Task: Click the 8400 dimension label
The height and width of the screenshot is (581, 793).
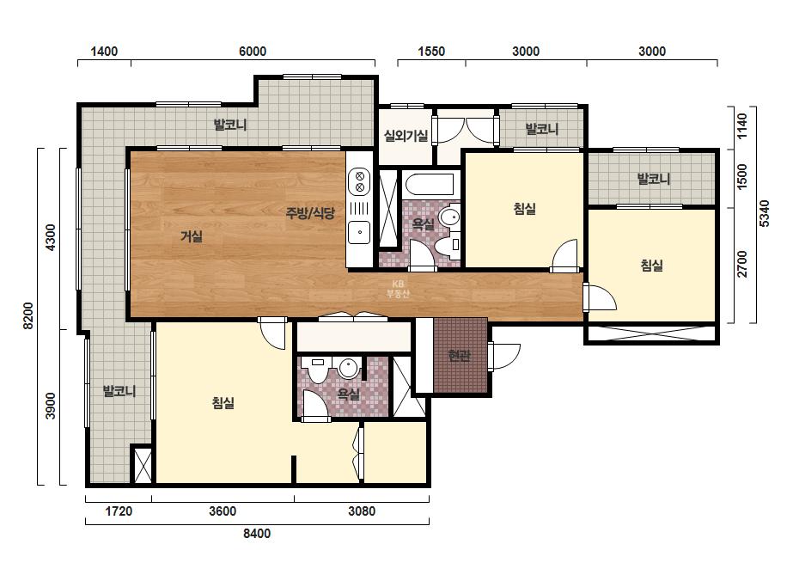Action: pyautogui.click(x=257, y=534)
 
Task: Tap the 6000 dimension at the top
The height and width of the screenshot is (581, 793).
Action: pyautogui.click(x=253, y=51)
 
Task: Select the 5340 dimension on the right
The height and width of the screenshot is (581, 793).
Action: pyautogui.click(x=764, y=213)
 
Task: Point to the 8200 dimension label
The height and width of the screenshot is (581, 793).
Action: pyautogui.click(x=28, y=315)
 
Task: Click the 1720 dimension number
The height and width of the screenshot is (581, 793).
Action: pyautogui.click(x=119, y=511)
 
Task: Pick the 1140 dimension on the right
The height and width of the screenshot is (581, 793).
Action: pyautogui.click(x=741, y=126)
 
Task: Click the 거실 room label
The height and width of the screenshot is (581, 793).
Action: pyautogui.click(x=192, y=235)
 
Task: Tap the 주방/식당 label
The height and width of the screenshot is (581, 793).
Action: pyautogui.click(x=310, y=212)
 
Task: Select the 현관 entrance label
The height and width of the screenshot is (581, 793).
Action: pyautogui.click(x=459, y=355)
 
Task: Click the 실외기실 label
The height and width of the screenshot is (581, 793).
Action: pyautogui.click(x=406, y=135)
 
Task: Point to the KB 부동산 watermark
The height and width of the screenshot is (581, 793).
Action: pyautogui.click(x=398, y=289)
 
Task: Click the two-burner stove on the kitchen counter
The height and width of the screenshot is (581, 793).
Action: pyautogui.click(x=360, y=181)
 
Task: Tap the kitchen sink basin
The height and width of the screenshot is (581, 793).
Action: pyautogui.click(x=360, y=232)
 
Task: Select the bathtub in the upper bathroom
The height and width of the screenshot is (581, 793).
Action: pyautogui.click(x=430, y=185)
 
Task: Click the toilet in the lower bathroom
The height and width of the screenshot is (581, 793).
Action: pyautogui.click(x=319, y=370)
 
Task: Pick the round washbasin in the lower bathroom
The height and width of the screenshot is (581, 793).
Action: pyautogui.click(x=349, y=368)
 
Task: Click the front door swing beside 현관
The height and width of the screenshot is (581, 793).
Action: pyautogui.click(x=504, y=357)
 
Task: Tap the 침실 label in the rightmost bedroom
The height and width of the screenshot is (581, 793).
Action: pyautogui.click(x=651, y=266)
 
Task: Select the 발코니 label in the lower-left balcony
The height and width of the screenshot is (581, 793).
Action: pyautogui.click(x=119, y=391)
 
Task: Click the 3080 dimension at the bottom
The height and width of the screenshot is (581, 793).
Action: pyautogui.click(x=362, y=511)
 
